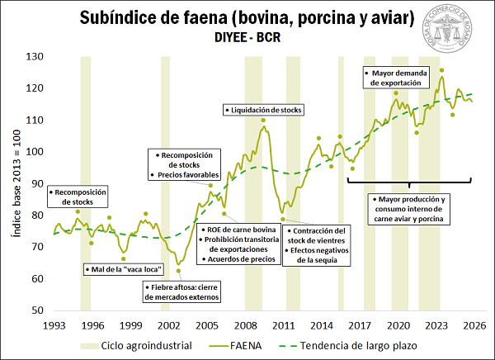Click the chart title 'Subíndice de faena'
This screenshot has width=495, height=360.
click(245, 18)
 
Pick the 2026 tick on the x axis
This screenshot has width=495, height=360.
click(470, 325)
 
